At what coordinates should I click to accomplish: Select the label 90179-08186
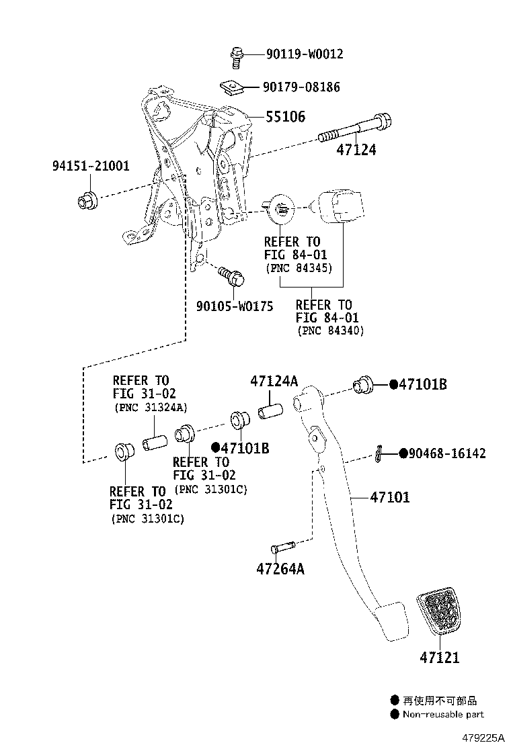click(301, 87)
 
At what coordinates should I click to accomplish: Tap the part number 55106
click(285, 117)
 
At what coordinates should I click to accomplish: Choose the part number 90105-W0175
click(235, 306)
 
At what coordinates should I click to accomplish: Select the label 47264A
click(280, 569)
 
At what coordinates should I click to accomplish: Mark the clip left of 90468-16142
click(380, 454)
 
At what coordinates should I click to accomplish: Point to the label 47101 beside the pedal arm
click(389, 498)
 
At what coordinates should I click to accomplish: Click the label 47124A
click(274, 381)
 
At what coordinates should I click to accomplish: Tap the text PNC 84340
click(329, 331)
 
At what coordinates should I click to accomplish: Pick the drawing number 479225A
click(483, 738)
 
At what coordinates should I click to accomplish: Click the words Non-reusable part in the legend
click(443, 714)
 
